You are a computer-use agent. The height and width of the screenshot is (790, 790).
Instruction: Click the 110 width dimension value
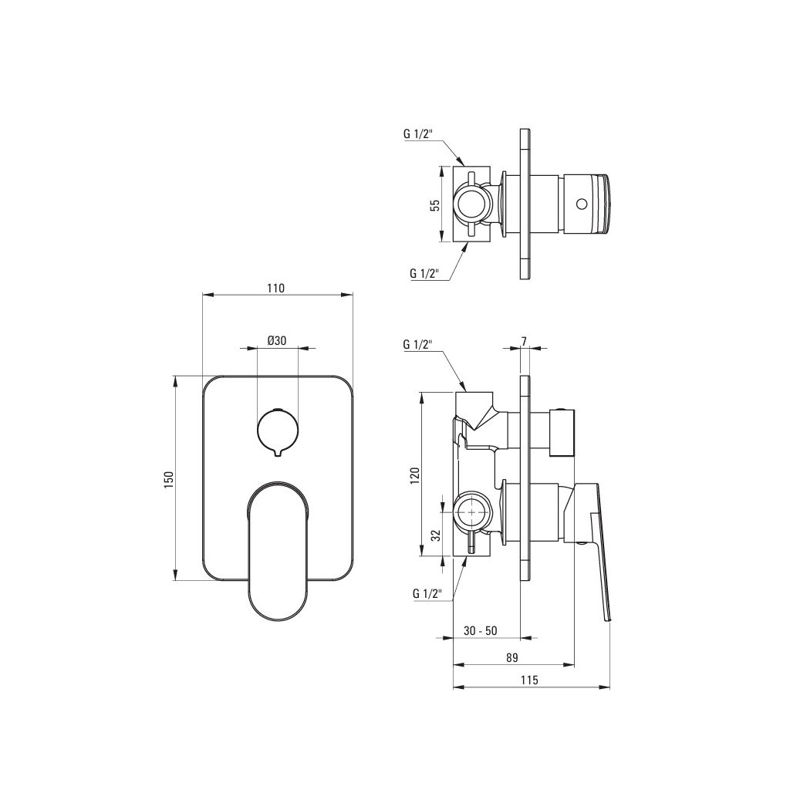click(275, 289)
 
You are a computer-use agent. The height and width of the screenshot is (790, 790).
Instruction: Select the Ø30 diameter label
click(277, 340)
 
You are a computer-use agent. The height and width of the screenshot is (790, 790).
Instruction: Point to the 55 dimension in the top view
click(436, 204)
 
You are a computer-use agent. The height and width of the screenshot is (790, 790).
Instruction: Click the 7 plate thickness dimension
click(524, 341)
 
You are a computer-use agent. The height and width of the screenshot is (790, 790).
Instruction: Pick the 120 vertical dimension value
click(415, 474)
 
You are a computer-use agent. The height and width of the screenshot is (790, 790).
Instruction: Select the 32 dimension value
click(437, 535)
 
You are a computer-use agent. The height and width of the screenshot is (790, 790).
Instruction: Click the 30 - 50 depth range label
click(480, 631)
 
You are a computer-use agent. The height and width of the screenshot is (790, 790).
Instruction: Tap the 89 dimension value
click(512, 657)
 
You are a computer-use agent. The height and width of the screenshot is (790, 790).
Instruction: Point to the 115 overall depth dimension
click(529, 680)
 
